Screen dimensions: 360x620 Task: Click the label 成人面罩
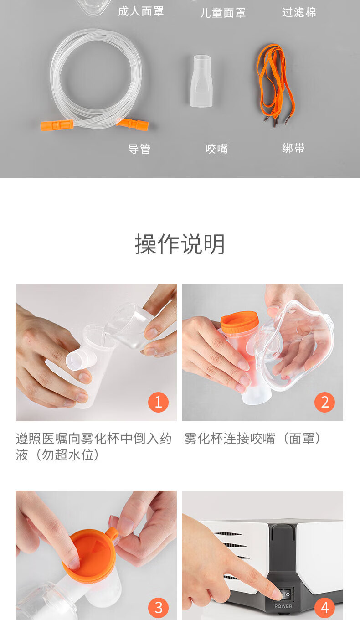[x=141, y=11]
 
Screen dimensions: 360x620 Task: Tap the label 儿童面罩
[x=223, y=13]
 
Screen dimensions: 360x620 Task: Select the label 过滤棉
[x=299, y=12]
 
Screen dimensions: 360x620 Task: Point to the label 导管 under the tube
[x=139, y=149]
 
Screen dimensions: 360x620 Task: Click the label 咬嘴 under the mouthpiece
[x=216, y=149]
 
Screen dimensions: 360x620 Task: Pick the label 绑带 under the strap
[x=293, y=148]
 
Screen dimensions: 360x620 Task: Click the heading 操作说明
[x=180, y=244]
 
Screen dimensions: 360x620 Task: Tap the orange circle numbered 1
[x=158, y=402]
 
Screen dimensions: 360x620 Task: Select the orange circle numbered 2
[x=324, y=402]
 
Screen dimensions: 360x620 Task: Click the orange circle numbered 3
[x=158, y=608]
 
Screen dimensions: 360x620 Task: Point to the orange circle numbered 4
[x=324, y=608]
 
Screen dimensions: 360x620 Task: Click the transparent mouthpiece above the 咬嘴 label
[x=201, y=81]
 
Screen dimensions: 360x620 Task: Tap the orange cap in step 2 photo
[x=240, y=322]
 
